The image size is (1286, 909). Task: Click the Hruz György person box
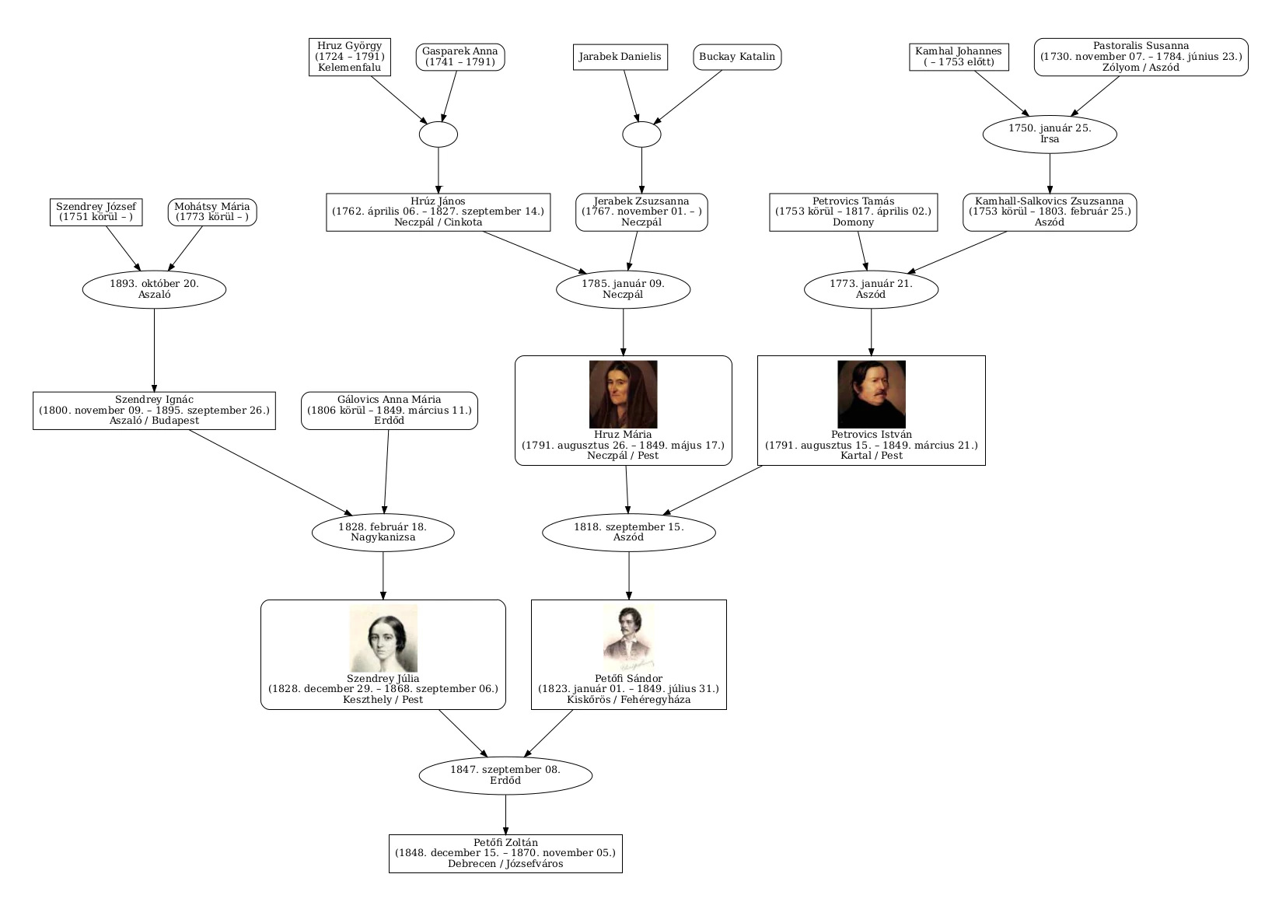coord(350,57)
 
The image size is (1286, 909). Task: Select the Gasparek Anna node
coord(460,57)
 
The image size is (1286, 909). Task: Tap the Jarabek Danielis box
coord(620,57)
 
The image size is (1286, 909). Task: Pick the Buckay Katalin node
coord(737,57)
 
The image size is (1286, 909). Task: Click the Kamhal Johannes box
coord(959,57)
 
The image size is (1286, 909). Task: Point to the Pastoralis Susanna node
coord(1141,57)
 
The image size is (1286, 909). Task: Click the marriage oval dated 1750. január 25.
coord(1050,134)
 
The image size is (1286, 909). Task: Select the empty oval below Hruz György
coord(438,135)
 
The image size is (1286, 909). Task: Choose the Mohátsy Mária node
coord(211,212)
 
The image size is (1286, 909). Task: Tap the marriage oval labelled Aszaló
coord(154,289)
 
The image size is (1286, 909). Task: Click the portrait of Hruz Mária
coord(623,394)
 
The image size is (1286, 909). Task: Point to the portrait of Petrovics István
coord(871,394)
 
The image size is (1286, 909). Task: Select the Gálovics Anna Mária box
coord(390,410)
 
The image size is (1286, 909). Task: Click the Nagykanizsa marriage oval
coord(383,533)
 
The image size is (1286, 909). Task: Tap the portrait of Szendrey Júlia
coord(383,638)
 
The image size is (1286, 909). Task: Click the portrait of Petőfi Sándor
coord(629,638)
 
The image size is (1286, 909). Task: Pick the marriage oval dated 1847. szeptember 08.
coord(505,775)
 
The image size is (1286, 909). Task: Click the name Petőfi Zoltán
coord(505,842)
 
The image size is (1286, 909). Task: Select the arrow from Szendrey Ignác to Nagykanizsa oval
coord(271,472)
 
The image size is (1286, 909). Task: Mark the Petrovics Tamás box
coord(853,212)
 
